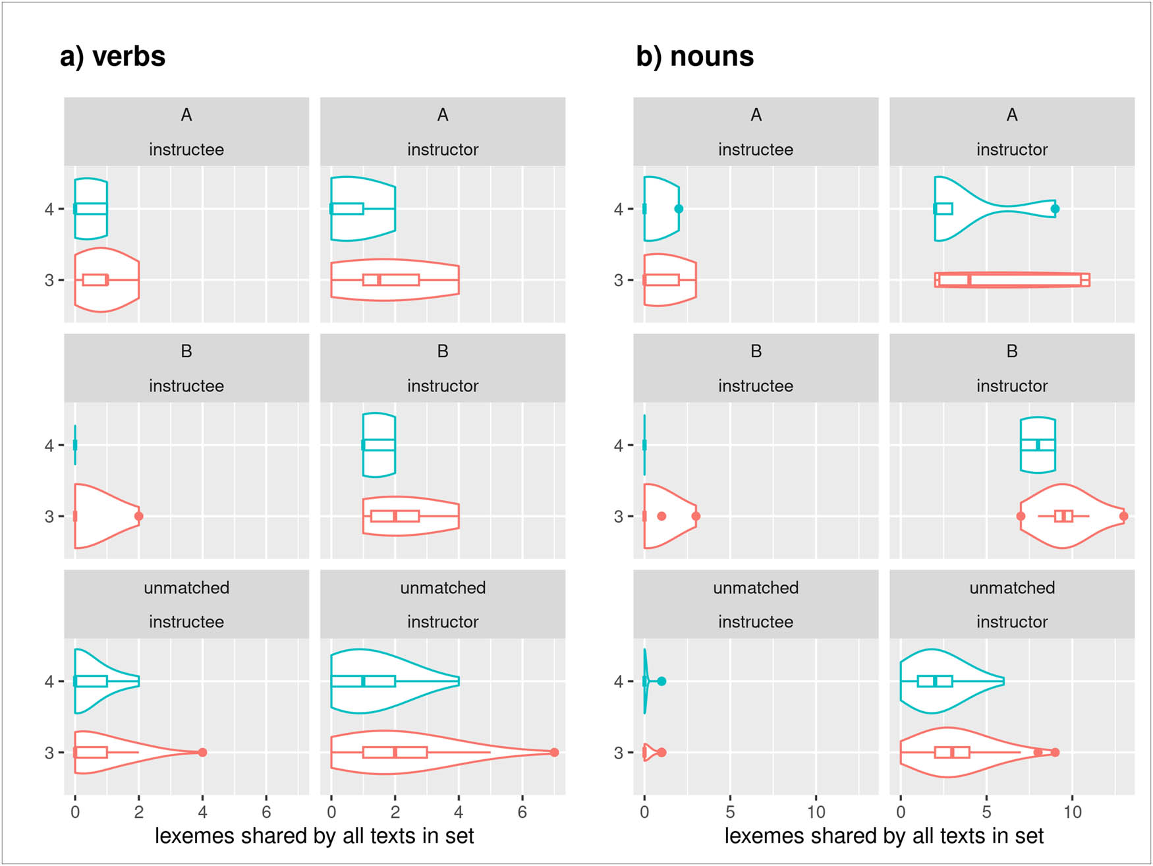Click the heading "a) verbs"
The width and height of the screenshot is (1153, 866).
pyautogui.click(x=113, y=57)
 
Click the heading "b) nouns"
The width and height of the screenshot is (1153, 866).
pyautogui.click(x=694, y=57)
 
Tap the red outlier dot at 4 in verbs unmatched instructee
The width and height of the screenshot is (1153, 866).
pyautogui.click(x=202, y=752)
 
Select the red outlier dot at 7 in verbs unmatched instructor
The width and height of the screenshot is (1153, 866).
pyautogui.click(x=554, y=752)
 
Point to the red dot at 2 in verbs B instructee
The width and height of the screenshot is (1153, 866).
pyautogui.click(x=138, y=516)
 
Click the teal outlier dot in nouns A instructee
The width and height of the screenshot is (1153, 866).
pyautogui.click(x=679, y=209)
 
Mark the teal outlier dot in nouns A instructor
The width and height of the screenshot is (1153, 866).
pyautogui.click(x=1055, y=209)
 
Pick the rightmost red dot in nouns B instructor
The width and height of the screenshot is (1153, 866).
pyautogui.click(x=1123, y=516)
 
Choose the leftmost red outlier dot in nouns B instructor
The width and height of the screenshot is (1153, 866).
pyautogui.click(x=1021, y=516)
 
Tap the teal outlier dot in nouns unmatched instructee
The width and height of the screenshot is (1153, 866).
pyautogui.click(x=661, y=681)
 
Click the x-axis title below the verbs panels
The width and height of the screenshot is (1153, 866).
pyautogui.click(x=314, y=836)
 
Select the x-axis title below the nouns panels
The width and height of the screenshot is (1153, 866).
pyautogui.click(x=884, y=836)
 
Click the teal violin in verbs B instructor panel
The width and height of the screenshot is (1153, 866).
pyautogui.click(x=379, y=445)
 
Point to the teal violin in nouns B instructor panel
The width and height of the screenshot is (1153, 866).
pyautogui.click(x=1038, y=445)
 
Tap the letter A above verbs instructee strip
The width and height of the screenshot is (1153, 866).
pyautogui.click(x=186, y=115)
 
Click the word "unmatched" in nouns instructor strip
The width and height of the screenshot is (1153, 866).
pyautogui.click(x=1012, y=587)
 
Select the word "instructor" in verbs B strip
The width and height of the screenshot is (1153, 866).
pyautogui.click(x=443, y=386)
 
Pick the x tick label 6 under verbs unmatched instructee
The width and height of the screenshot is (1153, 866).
pyautogui.click(x=266, y=812)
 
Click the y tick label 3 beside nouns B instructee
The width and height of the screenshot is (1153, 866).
pyautogui.click(x=619, y=517)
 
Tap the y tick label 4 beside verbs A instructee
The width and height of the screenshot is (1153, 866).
pyautogui.click(x=49, y=210)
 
